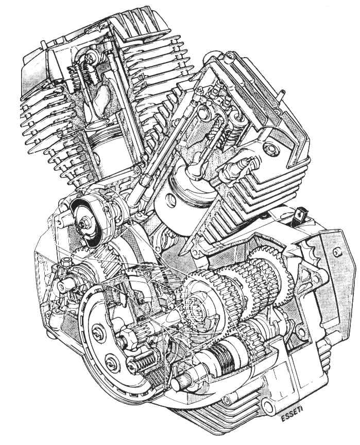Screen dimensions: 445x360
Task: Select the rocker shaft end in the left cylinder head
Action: [93, 56]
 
